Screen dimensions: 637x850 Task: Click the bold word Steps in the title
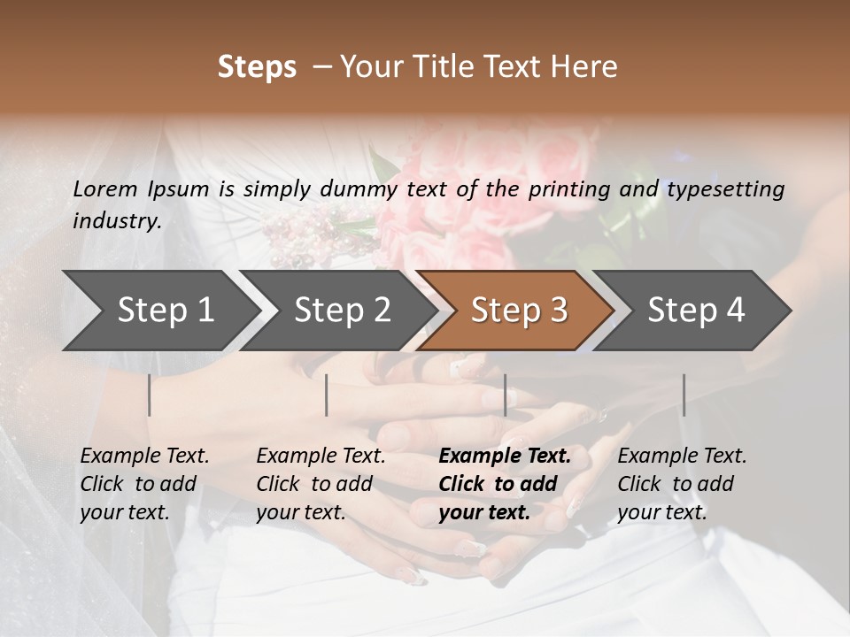[257, 67]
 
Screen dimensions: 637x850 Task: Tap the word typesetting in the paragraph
[725, 189]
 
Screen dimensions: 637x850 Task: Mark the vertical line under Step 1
[150, 395]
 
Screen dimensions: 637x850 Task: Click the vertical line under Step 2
[327, 395]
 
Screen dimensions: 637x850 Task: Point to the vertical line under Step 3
[505, 395]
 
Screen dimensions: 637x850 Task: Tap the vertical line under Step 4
[684, 395]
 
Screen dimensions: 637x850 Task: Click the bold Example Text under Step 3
[505, 457]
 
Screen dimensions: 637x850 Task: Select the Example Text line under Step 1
[144, 457]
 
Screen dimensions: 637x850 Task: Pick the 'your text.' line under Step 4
[661, 512]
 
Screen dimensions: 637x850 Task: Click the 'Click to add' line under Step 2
[314, 484]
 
